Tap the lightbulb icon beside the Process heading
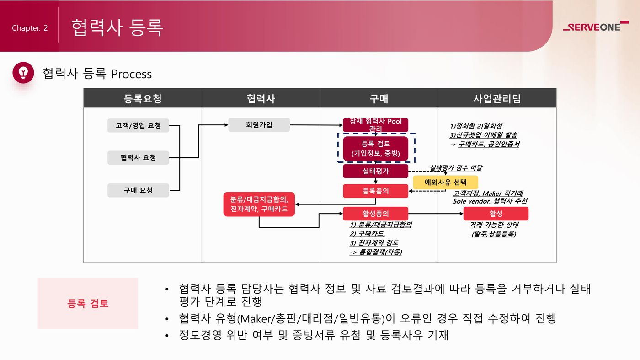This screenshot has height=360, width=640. click(23, 72)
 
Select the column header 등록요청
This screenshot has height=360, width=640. click(142, 98)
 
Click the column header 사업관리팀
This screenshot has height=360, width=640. click(497, 98)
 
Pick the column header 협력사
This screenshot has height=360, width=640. click(261, 98)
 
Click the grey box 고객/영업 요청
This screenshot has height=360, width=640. click(138, 125)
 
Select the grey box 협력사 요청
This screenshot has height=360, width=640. click(138, 158)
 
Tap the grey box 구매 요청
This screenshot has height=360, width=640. click(138, 190)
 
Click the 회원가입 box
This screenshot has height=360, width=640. click(259, 125)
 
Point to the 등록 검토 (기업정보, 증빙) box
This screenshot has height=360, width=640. click(375, 149)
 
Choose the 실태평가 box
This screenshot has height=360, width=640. click(375, 172)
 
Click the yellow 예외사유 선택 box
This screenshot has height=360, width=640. click(445, 182)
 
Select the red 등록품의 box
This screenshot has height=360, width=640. click(375, 191)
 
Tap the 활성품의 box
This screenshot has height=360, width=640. click(375, 214)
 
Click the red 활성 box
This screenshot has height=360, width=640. click(496, 214)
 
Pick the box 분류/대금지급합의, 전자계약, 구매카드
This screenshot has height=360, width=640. click(259, 204)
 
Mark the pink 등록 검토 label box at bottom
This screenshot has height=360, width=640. click(88, 303)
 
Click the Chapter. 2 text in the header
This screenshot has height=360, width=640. click(30, 28)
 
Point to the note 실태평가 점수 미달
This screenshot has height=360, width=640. click(456, 168)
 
